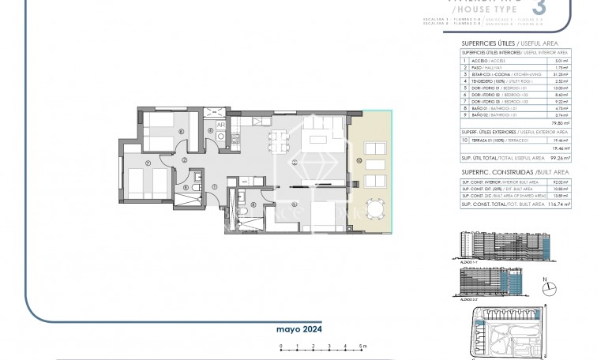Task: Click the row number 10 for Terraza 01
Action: [x=463, y=138]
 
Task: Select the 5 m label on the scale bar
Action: [x=361, y=347]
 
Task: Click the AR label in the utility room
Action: [x=221, y=125]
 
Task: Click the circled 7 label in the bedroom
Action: [x=149, y=164]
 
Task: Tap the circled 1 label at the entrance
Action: [x=215, y=186]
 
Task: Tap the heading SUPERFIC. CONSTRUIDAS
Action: [x=486, y=171]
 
